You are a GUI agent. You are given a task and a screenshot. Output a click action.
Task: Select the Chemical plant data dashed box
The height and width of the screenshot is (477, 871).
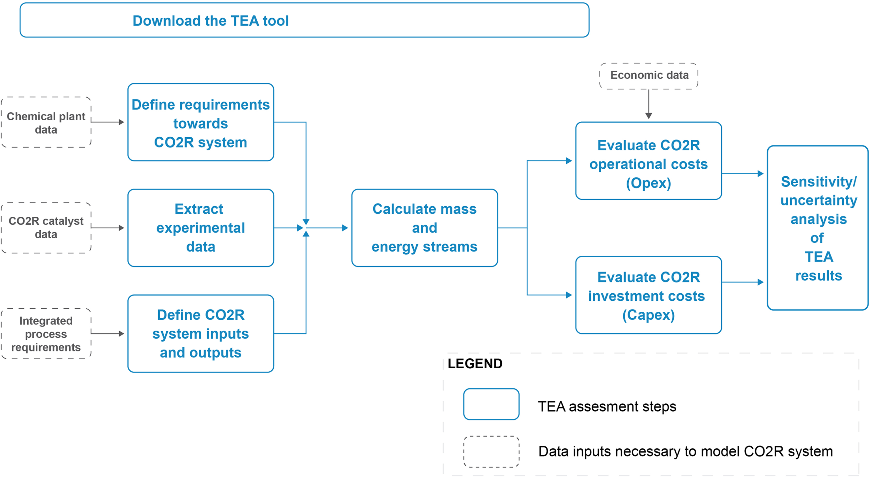(46, 122)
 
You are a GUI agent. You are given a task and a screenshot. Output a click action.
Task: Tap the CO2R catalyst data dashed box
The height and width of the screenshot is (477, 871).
(46, 228)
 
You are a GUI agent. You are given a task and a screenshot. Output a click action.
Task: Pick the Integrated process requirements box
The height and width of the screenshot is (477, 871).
(46, 334)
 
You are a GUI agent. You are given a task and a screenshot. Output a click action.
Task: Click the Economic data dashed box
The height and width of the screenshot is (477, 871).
(649, 75)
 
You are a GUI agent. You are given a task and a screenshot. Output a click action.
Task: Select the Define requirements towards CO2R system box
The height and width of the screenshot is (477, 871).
(201, 122)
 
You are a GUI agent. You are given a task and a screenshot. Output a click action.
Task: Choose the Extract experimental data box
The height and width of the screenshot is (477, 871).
(201, 228)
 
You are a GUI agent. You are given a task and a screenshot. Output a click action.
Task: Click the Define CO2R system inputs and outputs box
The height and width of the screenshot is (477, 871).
(201, 334)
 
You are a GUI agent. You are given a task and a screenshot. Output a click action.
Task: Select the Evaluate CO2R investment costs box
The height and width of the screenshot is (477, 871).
(648, 295)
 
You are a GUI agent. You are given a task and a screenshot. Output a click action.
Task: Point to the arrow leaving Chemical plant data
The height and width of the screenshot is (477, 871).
(107, 122)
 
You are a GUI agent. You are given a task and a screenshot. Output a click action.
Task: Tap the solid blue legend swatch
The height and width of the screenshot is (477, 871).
(491, 404)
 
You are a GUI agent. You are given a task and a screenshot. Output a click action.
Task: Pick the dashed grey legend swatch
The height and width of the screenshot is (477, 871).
(491, 452)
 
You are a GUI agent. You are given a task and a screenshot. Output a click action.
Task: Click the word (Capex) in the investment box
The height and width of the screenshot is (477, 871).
(648, 315)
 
